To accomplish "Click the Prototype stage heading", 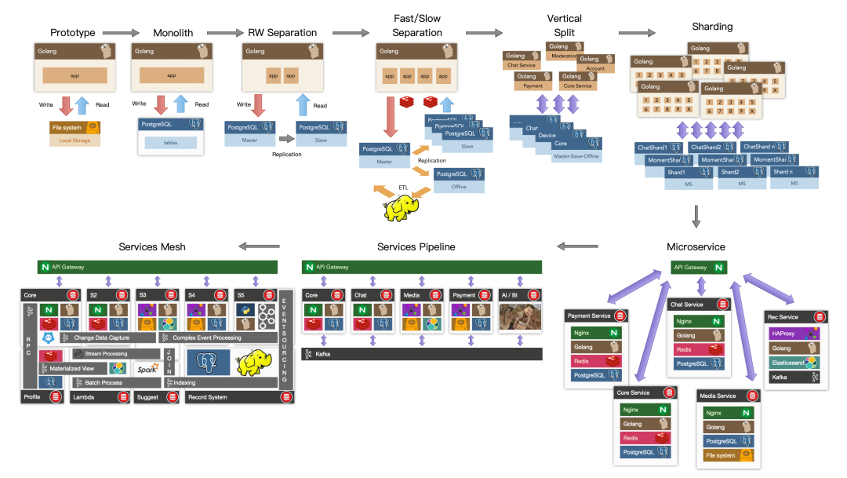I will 72,33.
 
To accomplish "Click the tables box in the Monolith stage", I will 171,142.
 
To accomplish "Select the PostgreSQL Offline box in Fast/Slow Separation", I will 459,180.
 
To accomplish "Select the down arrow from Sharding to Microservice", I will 697,215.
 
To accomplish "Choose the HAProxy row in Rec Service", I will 794,333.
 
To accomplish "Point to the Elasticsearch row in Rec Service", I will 794,362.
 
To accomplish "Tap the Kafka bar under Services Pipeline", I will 422,355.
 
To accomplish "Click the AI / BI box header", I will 519,294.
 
